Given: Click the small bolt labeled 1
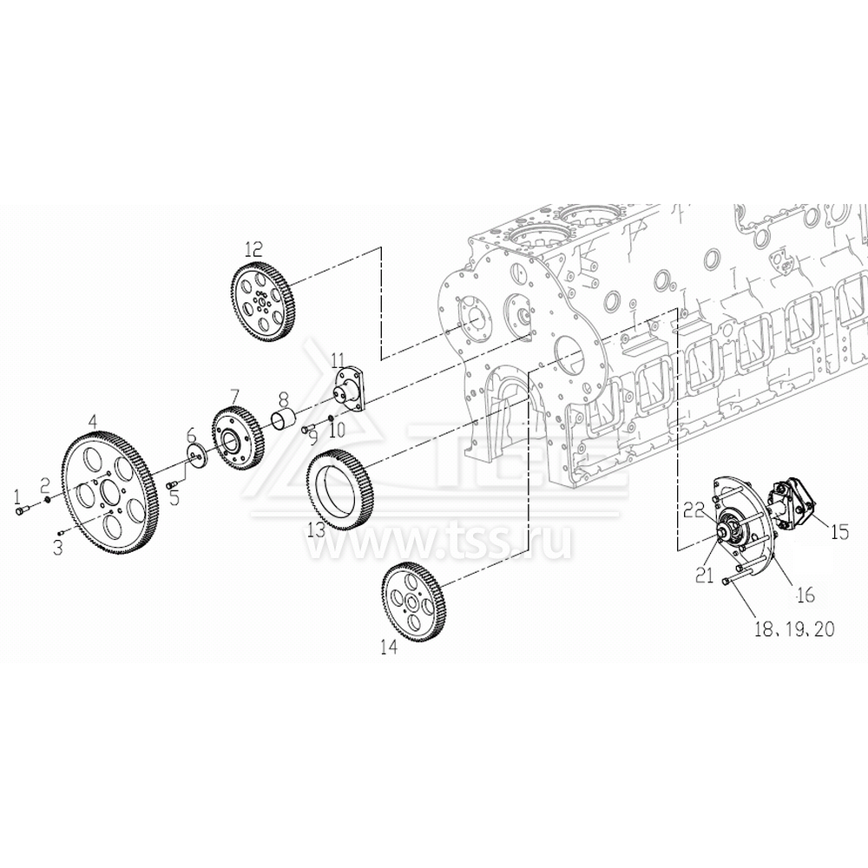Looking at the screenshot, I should pyautogui.click(x=22, y=511).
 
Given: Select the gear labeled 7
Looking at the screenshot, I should pyautogui.click(x=237, y=442).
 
